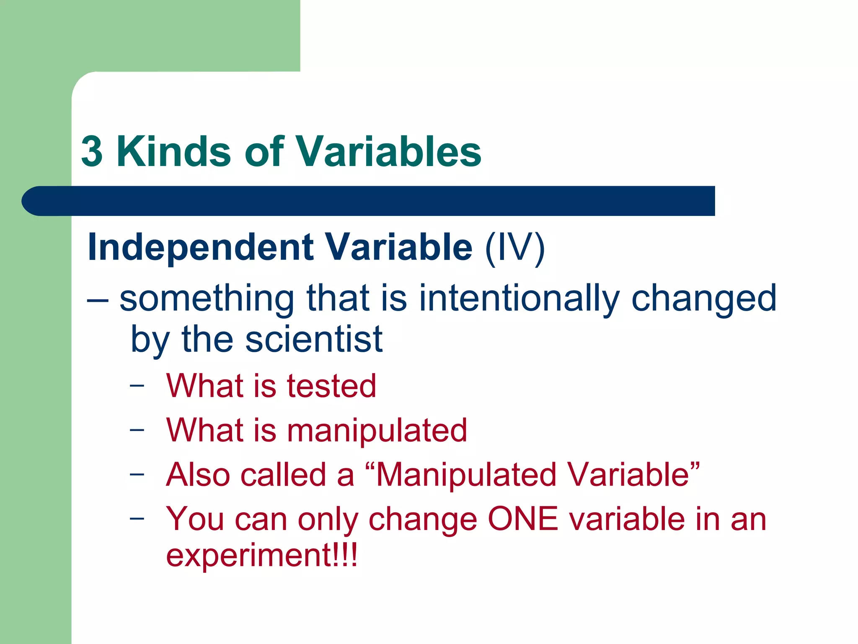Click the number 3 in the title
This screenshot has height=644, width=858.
92,152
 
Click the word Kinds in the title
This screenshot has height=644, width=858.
173,152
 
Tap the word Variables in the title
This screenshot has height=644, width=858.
389,152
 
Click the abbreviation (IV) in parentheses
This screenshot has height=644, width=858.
514,248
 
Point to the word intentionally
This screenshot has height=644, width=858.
519,299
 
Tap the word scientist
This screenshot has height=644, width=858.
313,340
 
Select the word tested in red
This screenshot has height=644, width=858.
331,386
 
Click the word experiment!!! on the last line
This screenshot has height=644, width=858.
262,556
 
